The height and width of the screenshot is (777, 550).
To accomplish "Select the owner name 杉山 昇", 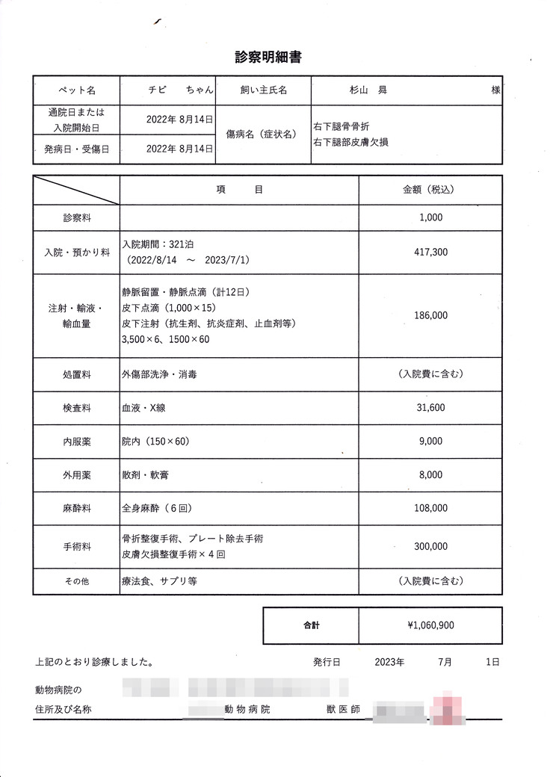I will pyautogui.click(x=366, y=90).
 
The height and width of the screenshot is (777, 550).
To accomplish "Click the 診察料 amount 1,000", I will pyautogui.click(x=431, y=217).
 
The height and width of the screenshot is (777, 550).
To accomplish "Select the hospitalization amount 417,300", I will pyautogui.click(x=430, y=253).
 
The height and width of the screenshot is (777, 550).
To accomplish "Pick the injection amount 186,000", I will pyautogui.click(x=430, y=315).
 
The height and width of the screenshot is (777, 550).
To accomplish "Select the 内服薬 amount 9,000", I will pyautogui.click(x=431, y=442).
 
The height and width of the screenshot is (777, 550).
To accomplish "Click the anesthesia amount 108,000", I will pyautogui.click(x=430, y=508).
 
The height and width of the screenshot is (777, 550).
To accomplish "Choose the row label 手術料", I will pyautogui.click(x=76, y=547).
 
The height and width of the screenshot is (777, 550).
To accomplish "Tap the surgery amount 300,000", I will pyautogui.click(x=430, y=547).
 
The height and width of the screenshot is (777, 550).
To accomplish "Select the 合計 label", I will pyautogui.click(x=311, y=625).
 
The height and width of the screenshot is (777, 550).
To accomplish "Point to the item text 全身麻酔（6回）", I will pyautogui.click(x=158, y=508).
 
